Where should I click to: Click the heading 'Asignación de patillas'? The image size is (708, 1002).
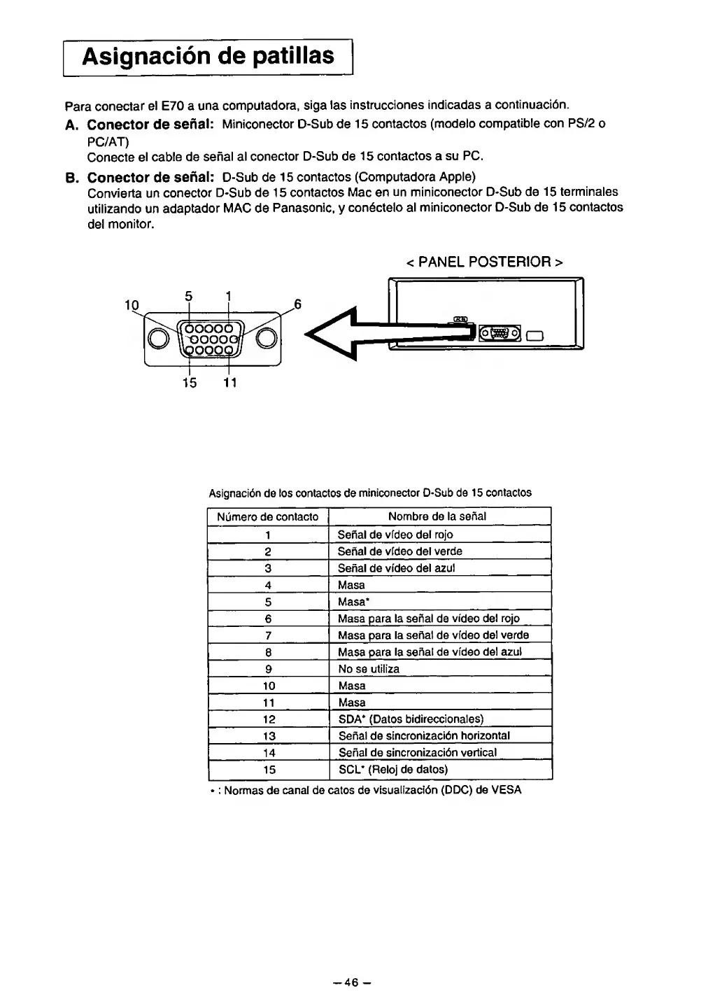point(208,55)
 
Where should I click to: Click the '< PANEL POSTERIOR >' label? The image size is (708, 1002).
point(484,262)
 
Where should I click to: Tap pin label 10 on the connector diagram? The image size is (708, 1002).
point(132,305)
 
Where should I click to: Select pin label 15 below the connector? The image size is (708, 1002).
point(189,383)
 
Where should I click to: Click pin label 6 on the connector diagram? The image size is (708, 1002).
point(297,304)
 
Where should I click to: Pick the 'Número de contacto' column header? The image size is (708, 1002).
point(267,517)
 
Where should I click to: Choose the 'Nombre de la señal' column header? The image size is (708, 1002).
point(437,516)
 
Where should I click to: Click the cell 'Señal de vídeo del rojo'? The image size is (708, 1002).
point(395,535)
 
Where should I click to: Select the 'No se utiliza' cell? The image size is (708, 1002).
point(369,669)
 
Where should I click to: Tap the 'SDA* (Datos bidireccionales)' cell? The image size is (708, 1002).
point(411,719)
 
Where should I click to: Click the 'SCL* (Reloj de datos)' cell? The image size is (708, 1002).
point(392,770)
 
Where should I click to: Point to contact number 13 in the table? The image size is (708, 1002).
point(269,736)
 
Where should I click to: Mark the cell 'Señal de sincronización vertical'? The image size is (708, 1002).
point(418,753)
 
